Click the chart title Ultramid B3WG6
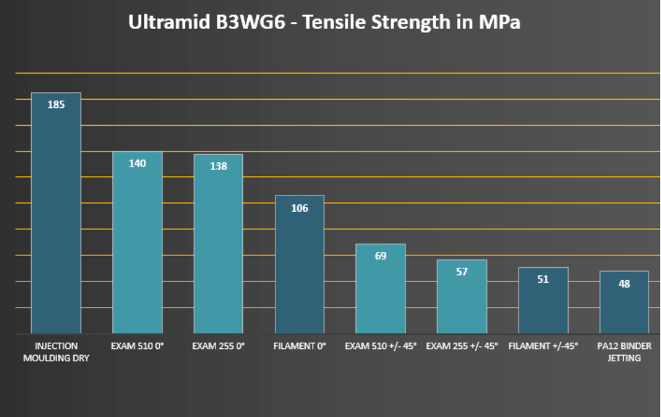pos(324,22)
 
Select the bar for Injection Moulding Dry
pos(56,220)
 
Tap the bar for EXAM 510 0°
pos(137,248)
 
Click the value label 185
pos(56,105)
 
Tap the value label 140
pos(137,164)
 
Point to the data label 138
pos(218,167)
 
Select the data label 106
pos(300,208)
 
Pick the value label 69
pos(381,256)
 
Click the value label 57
pos(462,272)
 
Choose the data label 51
pos(543,279)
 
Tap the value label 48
pos(625,284)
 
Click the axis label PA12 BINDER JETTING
pos(625,352)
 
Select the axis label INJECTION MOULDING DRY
pos(56,352)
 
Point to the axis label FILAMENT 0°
pos(300,346)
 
